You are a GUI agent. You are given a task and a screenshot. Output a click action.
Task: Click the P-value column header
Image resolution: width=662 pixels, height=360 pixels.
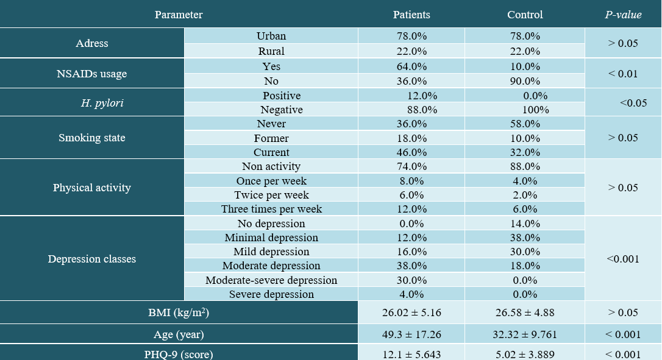tap(623, 15)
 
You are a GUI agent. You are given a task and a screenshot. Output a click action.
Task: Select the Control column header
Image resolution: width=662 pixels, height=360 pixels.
tap(525, 15)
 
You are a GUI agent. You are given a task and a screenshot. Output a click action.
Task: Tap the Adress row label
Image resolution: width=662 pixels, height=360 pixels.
tap(91, 43)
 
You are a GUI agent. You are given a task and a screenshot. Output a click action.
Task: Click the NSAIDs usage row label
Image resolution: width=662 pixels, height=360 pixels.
tap(91, 74)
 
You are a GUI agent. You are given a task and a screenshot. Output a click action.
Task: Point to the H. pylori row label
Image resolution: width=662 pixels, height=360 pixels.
tap(102, 103)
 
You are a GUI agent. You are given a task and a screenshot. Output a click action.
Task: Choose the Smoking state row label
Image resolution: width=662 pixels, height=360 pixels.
tap(91, 138)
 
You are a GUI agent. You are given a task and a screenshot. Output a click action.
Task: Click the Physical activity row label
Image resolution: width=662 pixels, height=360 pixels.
tap(91, 188)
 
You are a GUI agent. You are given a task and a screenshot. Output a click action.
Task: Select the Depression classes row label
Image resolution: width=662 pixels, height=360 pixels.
tap(91, 259)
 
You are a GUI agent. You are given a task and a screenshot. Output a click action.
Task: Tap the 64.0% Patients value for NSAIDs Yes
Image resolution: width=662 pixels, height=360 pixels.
tap(411, 66)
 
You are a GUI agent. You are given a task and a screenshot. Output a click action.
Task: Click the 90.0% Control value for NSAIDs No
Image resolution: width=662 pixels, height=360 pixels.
tap(525, 80)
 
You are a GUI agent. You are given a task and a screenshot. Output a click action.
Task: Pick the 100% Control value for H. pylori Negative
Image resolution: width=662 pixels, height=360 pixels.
tap(535, 110)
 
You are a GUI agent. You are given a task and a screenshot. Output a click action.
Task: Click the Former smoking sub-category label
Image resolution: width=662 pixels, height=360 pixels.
tap(271, 138)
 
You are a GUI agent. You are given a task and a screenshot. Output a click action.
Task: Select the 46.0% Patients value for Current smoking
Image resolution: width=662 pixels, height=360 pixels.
tap(411, 152)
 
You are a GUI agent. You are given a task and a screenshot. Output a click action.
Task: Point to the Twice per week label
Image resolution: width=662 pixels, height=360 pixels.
tap(271, 195)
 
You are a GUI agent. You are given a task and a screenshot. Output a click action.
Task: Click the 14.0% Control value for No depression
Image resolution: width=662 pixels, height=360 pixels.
tap(525, 224)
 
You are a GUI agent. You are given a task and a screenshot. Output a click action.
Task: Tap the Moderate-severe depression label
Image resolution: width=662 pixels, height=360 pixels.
tap(271, 280)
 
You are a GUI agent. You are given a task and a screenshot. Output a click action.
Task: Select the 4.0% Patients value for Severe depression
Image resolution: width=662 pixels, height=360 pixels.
tap(411, 294)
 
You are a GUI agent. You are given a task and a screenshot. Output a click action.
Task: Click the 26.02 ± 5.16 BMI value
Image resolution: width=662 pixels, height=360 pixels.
tap(411, 312)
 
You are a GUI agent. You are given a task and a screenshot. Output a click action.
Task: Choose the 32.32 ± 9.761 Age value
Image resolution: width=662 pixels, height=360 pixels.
tap(525, 334)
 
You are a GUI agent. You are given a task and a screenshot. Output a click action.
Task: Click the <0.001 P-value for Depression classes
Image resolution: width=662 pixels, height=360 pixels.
tap(623, 259)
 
